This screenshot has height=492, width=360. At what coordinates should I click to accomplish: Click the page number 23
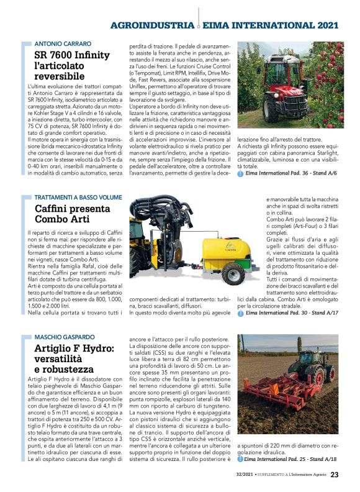[335, 475]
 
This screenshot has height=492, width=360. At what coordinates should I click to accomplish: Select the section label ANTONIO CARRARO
[63, 44]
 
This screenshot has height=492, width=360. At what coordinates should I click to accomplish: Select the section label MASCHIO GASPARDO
[65, 337]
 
